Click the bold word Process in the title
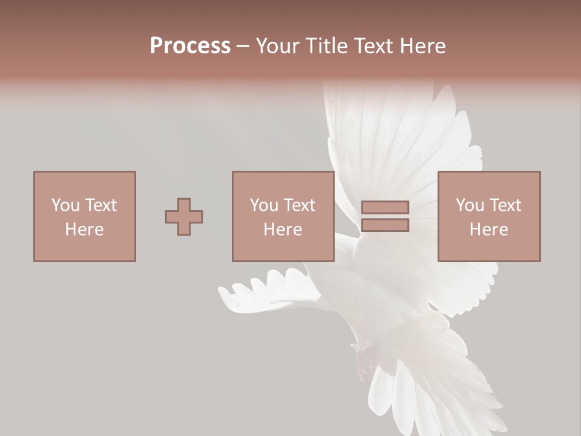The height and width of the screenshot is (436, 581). [190, 46]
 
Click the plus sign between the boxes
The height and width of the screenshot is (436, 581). [184, 216]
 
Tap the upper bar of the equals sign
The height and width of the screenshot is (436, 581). [385, 207]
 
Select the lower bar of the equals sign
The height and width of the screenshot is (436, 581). [385, 225]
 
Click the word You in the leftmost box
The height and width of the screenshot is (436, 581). [65, 205]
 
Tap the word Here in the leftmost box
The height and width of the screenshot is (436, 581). [84, 229]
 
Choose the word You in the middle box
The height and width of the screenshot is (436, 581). [264, 205]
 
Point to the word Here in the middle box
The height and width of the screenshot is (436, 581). [283, 229]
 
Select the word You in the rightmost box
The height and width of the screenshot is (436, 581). [470, 205]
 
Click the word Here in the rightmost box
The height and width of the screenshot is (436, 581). [488, 229]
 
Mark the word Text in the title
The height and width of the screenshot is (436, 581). [371, 46]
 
